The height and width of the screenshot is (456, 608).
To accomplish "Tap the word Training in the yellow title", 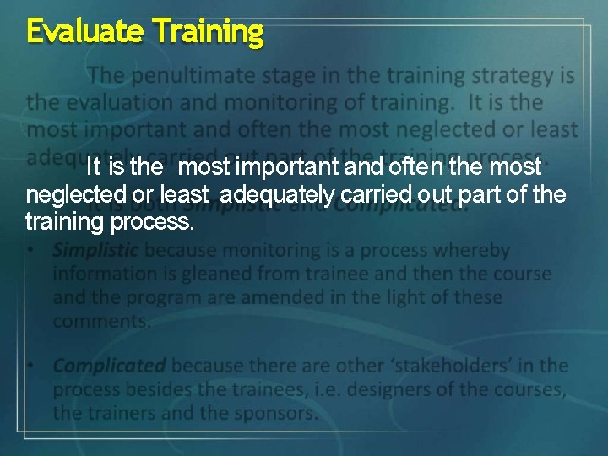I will (209, 32).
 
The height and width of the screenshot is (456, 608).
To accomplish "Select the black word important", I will (271, 166).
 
